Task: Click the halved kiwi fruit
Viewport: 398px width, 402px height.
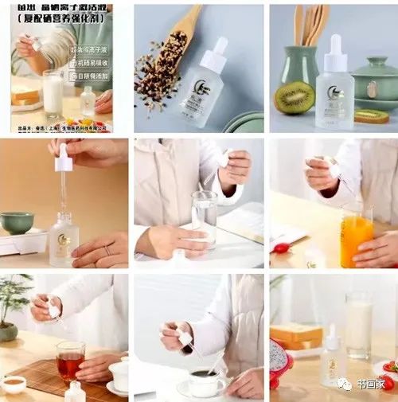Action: [x=295, y=97]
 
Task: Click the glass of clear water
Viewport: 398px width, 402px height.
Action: [x=204, y=219]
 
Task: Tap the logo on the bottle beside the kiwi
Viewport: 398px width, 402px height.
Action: [x=334, y=93]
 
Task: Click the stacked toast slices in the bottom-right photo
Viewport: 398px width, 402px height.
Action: [x=295, y=337]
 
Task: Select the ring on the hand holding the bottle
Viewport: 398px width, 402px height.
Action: [x=106, y=252]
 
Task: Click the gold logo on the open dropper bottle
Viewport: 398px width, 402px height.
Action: [x=62, y=240]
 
